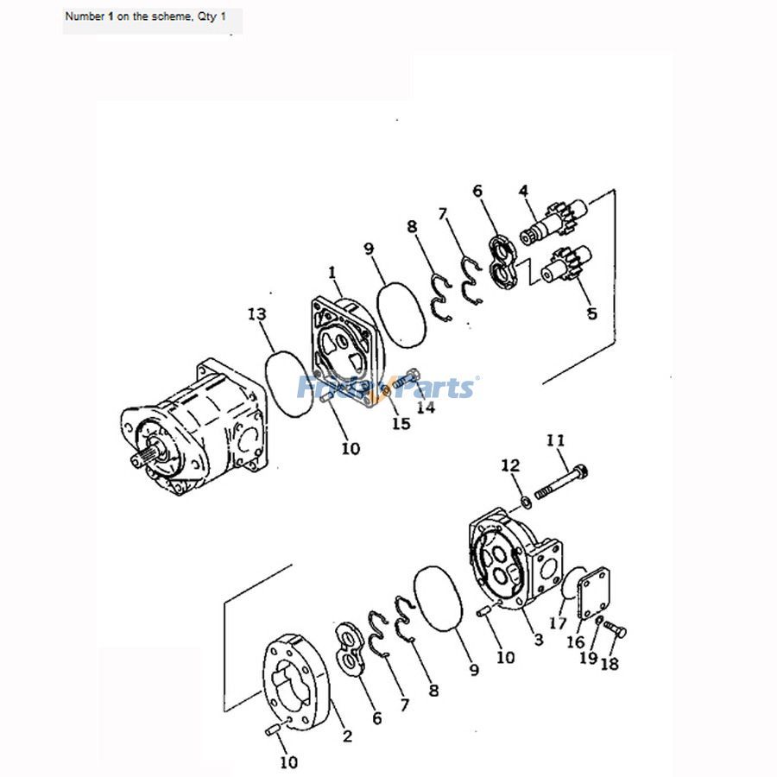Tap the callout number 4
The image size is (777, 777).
tap(523, 191)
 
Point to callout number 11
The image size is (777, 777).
tap(555, 441)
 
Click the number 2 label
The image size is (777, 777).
tap(347, 736)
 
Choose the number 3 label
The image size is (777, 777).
tap(538, 640)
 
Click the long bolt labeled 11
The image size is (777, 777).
tap(562, 482)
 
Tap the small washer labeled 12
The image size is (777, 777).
tap(525, 502)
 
